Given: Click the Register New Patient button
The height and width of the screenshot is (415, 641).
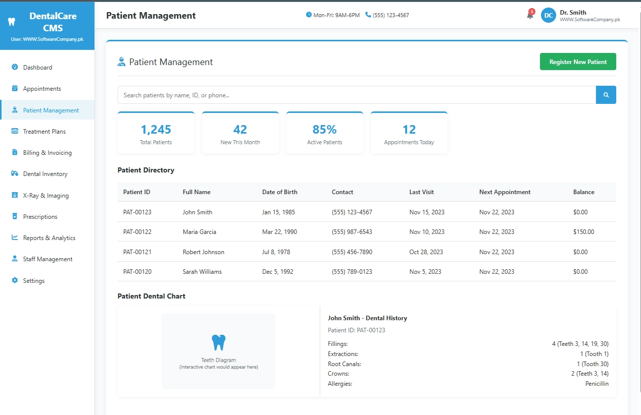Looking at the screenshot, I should pos(578,62).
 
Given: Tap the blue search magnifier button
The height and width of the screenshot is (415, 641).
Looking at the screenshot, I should pos(606,95).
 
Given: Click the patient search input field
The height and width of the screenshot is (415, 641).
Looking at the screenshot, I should pos(356,95).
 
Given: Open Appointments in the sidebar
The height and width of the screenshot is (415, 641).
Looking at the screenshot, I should pos(42,89).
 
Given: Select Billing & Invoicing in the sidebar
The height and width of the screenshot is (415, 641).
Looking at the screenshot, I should pos(47,153).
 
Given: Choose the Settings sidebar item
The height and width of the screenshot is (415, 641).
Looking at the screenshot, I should pos(34,281).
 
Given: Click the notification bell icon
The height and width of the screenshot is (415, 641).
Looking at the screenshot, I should pos(530,15).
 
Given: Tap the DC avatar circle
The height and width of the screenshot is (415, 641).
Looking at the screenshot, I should pos(548,15).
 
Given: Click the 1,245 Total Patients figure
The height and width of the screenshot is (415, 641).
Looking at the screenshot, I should pos(156,130).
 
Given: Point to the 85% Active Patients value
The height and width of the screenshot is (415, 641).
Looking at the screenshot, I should pos(324,130).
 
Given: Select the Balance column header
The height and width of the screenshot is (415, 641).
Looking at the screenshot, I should pos(583,192).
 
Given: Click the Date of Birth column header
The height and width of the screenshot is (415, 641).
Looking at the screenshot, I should pos(279,192).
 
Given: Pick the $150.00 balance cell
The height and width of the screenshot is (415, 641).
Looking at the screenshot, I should pos(583,232).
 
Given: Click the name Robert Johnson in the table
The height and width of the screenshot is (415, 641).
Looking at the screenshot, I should pos(203,252).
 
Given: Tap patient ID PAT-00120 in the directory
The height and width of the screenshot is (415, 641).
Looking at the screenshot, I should pos(137,272).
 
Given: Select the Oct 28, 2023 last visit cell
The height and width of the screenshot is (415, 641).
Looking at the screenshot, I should pos(426,252).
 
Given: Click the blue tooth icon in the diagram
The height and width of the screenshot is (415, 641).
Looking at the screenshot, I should pos(218,342).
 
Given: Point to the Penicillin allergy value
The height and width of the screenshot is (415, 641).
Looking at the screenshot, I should pos(597,384).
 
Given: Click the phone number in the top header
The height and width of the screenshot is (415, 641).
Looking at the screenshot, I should pos(390,15).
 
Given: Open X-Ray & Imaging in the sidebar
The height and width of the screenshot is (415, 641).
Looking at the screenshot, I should pos(45,196).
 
